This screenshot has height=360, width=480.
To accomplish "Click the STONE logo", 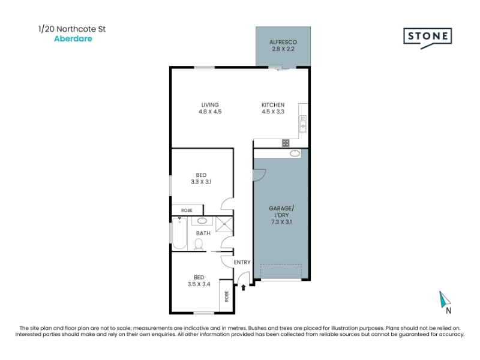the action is coord(427,38).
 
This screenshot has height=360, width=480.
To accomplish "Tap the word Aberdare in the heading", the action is coord(73,38).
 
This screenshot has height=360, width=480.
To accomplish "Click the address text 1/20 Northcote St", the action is coord(72,29).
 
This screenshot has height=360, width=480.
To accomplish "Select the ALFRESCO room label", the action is coord(283,42).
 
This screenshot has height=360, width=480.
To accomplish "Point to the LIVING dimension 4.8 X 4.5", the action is coord(210,112).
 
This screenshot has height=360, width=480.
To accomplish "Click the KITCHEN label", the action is coord(273,104).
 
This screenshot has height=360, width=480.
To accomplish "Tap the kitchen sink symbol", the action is coord(303,124).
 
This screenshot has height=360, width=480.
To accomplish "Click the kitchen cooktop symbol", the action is coord(286,143).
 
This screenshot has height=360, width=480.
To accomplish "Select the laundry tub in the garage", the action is coord(295,154).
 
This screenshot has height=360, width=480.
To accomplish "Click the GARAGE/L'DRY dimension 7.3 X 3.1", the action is coord(281,222).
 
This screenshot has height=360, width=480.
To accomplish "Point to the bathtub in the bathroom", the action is coord(179,233).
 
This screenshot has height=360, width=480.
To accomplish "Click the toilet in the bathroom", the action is coord(199,245).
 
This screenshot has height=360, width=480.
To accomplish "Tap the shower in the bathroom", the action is coord(224,224).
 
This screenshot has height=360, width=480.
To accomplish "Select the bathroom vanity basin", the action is coord(202,221).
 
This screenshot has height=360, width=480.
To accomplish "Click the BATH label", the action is coord(203,233).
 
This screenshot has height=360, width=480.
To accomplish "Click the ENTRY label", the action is coord(242,262).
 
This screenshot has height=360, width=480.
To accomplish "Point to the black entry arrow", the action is coord(244,287).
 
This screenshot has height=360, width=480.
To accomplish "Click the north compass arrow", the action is coord(445,299).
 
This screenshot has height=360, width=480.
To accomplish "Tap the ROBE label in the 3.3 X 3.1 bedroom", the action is coord(187,211).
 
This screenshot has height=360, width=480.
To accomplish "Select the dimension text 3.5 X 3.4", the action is coord(199,284).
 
